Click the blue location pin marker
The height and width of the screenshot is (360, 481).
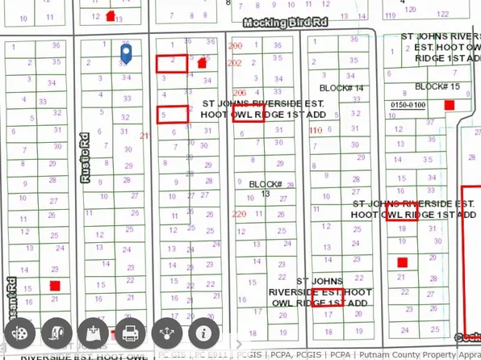coord(126,53)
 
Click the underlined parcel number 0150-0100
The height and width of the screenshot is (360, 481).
coord(407,105)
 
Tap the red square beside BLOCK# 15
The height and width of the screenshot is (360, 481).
coord(450,105)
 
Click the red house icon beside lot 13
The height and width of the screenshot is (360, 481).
coord(110,15)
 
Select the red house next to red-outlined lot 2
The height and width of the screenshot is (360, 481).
coord(201,62)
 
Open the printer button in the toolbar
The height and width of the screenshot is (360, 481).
coord(129,332)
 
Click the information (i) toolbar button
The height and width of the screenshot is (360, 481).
coord(205,332)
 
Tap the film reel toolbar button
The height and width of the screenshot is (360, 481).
coord(20,332)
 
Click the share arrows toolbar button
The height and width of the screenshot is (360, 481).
coord(167,332)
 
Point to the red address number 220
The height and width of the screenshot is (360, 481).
coord(238,215)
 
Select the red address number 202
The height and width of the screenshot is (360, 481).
coord(235,63)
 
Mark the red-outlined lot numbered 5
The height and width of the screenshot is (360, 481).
coord(171,115)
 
